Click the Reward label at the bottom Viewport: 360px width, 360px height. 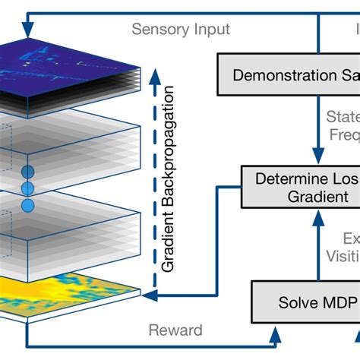(176, 330)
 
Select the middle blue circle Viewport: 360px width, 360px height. (28, 188)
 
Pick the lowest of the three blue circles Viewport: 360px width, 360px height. (28, 204)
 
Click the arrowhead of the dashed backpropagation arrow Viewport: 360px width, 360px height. (156, 74)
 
